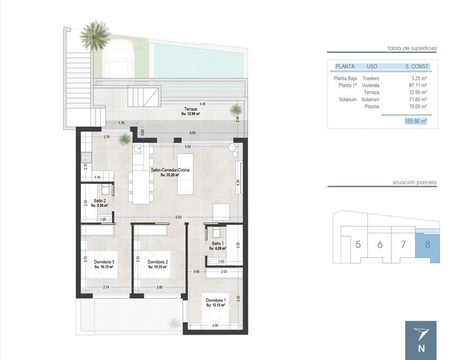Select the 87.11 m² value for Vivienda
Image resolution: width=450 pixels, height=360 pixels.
click(417, 85)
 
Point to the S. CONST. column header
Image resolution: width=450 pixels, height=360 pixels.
click(417, 66)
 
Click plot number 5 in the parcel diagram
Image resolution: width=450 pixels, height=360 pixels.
click(358, 244)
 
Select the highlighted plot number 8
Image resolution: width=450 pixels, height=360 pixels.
click(427, 244)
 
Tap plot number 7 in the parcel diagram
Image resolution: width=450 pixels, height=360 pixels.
click(403, 244)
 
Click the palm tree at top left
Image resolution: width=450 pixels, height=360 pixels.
click(94, 35)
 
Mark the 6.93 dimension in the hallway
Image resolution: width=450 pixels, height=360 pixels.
click(178, 217)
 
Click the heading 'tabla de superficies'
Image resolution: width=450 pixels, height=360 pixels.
click(412, 49)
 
